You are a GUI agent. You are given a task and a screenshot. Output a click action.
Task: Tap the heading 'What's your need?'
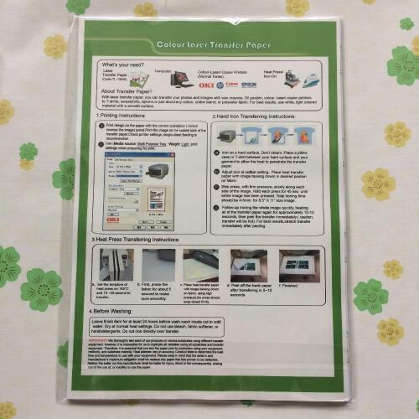(122, 64)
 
